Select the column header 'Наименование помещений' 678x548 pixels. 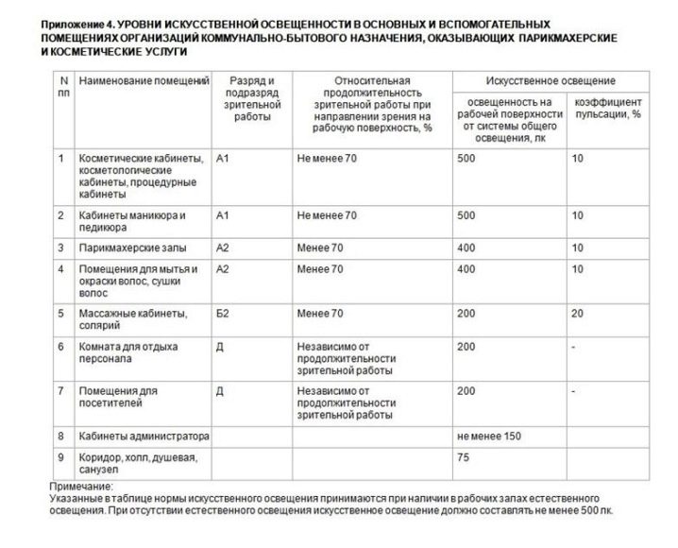click(144, 82)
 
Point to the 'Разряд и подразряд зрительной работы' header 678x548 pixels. click(251, 99)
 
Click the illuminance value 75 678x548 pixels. click(463, 457)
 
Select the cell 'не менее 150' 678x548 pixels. click(487, 437)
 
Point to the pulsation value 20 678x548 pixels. click(576, 313)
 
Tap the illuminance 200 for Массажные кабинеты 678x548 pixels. click(466, 313)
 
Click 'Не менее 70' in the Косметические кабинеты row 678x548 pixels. click(326, 158)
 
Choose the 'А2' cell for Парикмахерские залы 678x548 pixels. click(223, 248)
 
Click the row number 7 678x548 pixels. click(60, 389)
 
